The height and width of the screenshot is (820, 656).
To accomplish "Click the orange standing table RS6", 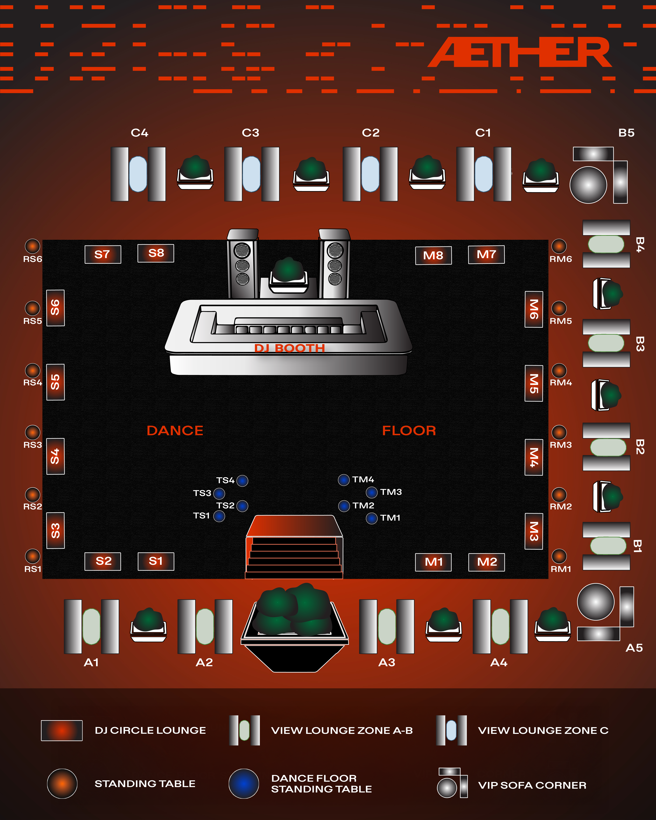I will click(32, 246).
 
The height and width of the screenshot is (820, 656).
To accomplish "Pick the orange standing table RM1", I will click(559, 556).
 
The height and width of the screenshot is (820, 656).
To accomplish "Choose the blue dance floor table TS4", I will click(242, 481).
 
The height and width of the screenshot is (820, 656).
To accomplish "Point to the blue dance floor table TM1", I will click(372, 518).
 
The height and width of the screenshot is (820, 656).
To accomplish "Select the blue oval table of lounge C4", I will click(138, 174).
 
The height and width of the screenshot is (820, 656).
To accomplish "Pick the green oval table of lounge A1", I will click(91, 626).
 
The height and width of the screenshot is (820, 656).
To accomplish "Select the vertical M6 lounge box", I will click(534, 309).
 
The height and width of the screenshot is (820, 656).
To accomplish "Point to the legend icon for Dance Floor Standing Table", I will click(244, 783).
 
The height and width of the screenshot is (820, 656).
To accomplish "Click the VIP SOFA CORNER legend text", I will click(532, 785).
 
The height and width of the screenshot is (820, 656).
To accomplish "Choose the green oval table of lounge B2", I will click(608, 447).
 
